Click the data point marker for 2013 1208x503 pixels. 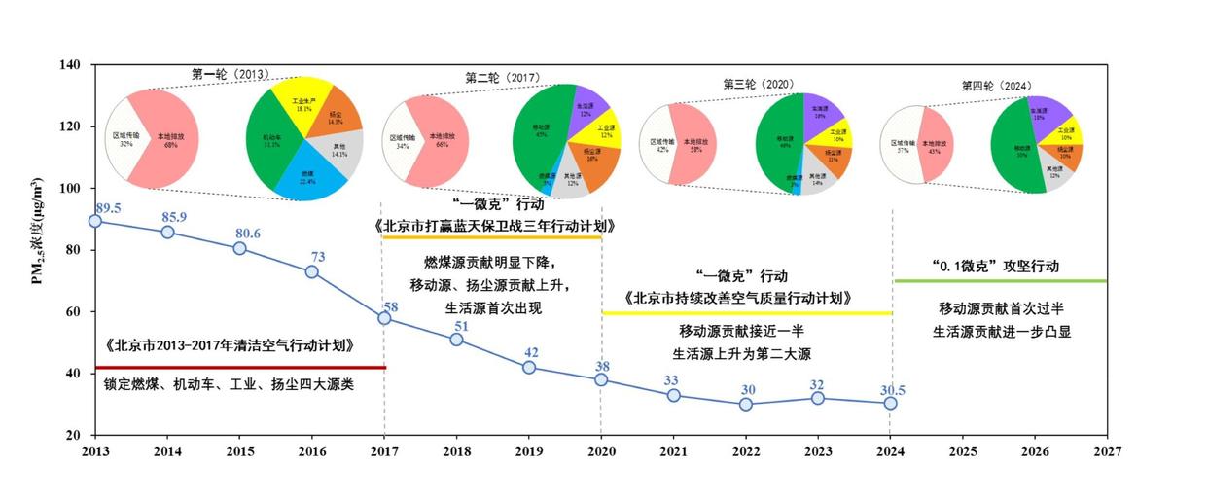(x=94, y=221)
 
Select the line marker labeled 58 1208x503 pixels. (x=384, y=318)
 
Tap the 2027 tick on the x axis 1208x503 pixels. (x=1107, y=451)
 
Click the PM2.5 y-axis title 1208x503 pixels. (x=38, y=249)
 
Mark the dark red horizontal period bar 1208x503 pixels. (x=240, y=367)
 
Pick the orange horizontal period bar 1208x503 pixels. (x=491, y=237)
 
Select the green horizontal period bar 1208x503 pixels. (x=999, y=281)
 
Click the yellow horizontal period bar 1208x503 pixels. (x=746, y=313)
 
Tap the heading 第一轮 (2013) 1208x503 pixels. (x=230, y=74)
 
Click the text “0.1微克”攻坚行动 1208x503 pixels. (x=995, y=266)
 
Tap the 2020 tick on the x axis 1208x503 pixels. (x=601, y=451)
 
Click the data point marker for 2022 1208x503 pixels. (x=746, y=404)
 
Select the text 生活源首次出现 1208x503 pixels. (x=493, y=308)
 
